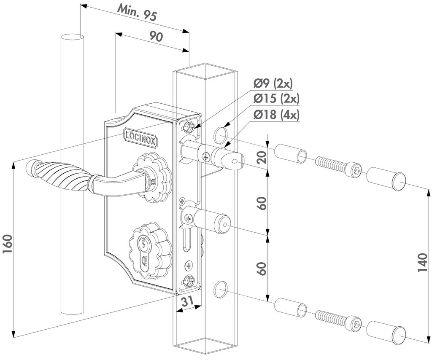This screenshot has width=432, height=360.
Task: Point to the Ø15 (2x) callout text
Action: click(276, 99)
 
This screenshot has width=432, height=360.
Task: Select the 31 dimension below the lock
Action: click(188, 301)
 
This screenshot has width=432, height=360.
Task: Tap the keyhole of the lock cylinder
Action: click(144, 246)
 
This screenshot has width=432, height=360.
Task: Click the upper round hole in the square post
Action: click(220, 135)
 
